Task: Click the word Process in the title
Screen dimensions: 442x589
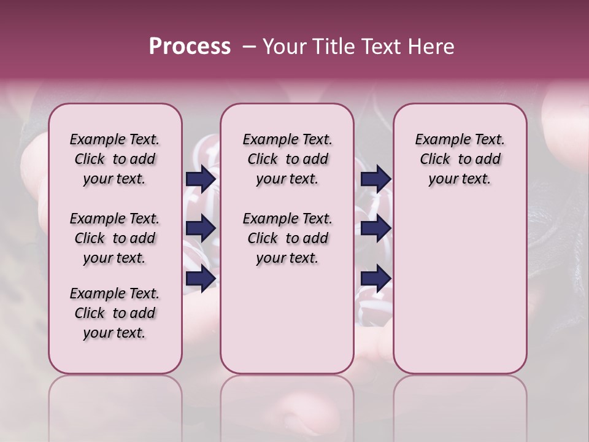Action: [190, 47]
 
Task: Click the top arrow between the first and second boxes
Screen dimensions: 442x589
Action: [200, 179]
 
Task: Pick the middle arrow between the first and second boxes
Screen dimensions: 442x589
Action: [200, 228]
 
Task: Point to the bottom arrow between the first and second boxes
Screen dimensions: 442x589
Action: [200, 278]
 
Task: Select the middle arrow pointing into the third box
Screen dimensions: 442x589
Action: [375, 228]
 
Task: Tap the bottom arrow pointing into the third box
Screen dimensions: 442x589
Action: [375, 278]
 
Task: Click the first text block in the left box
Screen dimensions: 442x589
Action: [115, 159]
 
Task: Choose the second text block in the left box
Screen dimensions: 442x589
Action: [115, 238]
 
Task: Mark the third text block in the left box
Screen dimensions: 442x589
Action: [115, 313]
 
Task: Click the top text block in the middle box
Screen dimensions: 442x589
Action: [287, 159]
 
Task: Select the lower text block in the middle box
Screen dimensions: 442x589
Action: [287, 238]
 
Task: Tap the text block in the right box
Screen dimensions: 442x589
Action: [460, 159]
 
